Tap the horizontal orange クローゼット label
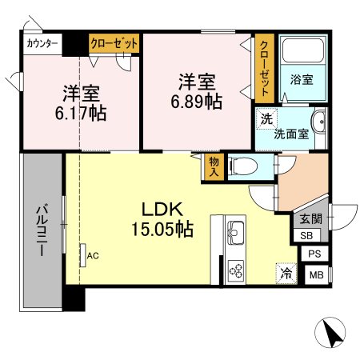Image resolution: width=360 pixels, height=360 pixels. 114,45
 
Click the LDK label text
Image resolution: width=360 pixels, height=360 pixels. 163,210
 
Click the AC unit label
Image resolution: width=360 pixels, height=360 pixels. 93,256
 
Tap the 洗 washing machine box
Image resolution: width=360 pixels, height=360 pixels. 265,118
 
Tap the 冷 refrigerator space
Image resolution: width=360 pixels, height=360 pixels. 286,272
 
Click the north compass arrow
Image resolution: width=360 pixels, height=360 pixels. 334,332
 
